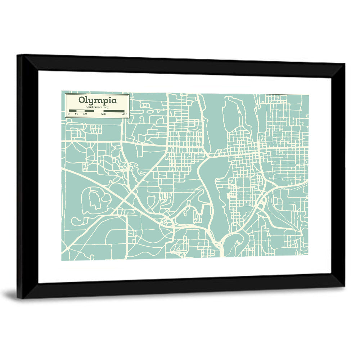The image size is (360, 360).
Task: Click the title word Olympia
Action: (97, 100)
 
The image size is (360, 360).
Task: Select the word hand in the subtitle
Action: (89, 107)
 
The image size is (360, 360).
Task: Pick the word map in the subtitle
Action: (106, 107)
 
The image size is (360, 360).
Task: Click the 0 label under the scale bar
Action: (69, 114)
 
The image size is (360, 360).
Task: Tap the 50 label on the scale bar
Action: (76, 114)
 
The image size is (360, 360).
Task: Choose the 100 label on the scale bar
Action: (85, 114)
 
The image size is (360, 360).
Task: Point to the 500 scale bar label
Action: (104, 114)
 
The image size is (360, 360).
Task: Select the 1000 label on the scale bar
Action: (124, 114)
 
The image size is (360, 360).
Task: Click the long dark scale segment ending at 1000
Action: (114, 111)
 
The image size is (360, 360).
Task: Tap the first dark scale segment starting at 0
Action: (72, 111)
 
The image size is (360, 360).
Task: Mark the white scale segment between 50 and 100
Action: (80, 111)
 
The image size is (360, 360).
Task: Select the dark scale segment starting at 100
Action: (89, 111)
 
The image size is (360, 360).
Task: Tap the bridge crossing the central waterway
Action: (212, 155)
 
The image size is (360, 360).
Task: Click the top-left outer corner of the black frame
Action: (17, 55)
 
